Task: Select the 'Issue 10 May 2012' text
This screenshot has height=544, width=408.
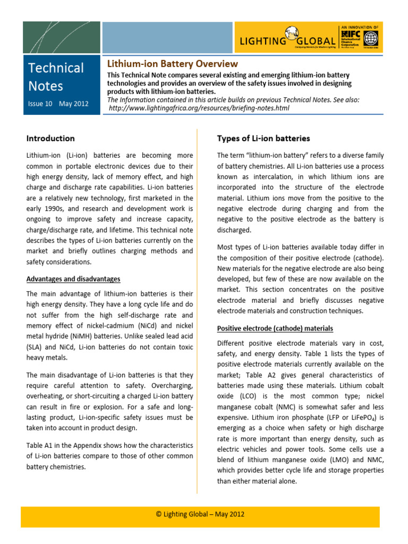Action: pyautogui.click(x=58, y=104)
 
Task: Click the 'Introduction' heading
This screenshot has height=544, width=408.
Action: pyautogui.click(x=50, y=138)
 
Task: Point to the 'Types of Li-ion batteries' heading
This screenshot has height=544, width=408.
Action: pyautogui.click(x=263, y=138)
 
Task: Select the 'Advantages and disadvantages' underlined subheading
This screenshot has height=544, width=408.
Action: pyautogui.click(x=73, y=279)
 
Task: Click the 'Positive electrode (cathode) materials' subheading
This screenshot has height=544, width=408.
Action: pyautogui.click(x=275, y=328)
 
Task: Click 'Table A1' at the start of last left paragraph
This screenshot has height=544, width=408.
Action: pyautogui.click(x=41, y=445)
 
